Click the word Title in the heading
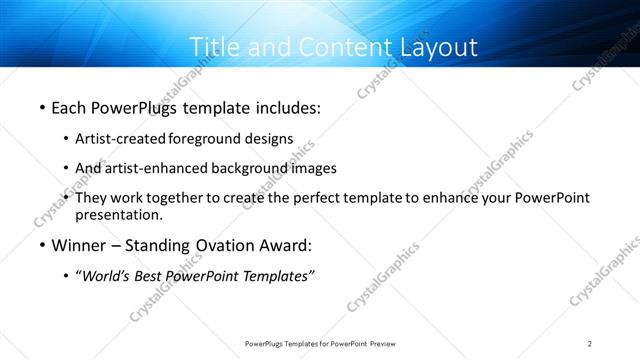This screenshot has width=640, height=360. click(x=214, y=47)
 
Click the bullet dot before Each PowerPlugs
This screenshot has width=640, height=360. click(x=41, y=106)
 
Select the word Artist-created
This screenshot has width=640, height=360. click(x=121, y=139)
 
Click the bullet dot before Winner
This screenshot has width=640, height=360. click(x=41, y=246)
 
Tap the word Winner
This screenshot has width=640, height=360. click(x=79, y=246)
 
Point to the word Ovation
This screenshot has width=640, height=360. click(x=216, y=246)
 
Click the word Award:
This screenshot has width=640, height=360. click(x=284, y=246)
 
